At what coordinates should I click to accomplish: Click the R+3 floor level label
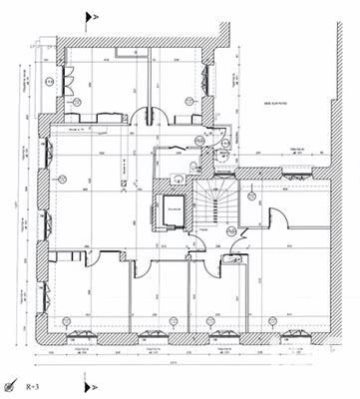point(33,382)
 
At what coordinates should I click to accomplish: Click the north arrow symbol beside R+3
point(12,383)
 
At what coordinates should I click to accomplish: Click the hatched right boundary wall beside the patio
point(339,100)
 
